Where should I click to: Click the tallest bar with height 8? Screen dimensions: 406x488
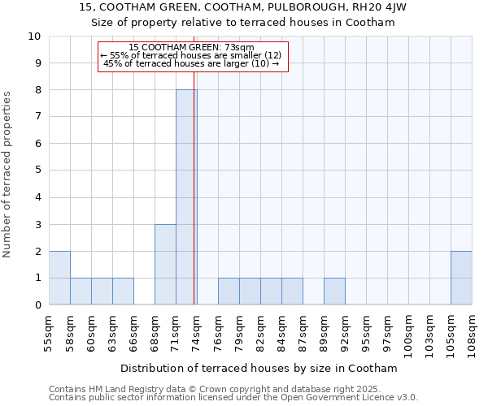coord(186,197)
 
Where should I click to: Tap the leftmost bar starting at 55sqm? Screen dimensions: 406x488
coord(59,278)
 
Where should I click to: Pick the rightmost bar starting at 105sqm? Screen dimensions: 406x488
coord(461,278)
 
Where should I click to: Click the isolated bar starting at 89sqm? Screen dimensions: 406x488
coord(334,292)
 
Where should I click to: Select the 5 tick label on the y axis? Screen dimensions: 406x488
coord(37,171)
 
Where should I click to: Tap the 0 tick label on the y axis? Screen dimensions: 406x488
coord(37,305)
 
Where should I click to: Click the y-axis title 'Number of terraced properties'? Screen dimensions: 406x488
coord(8,175)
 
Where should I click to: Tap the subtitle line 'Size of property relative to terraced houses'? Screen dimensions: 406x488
coord(243,23)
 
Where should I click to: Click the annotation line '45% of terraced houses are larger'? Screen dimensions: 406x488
coord(191,63)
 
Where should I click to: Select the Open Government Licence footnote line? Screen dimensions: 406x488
coord(233,398)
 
